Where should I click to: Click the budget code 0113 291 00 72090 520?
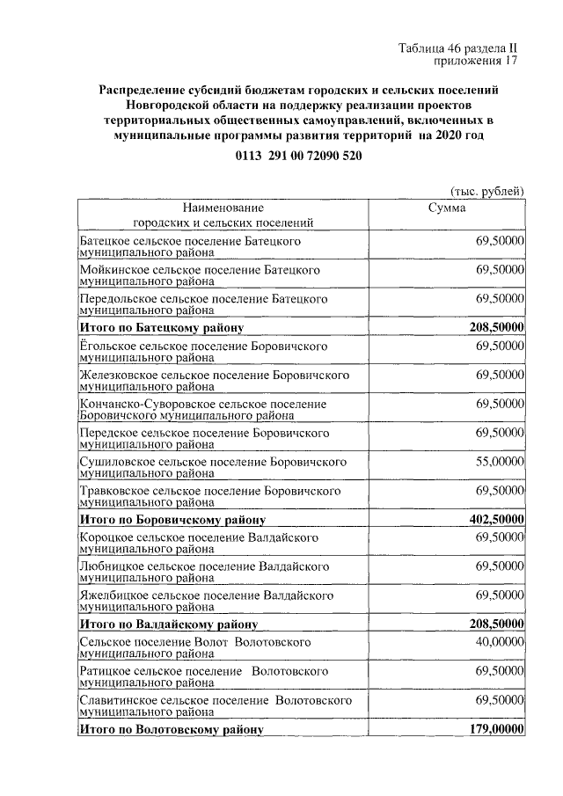click(298, 155)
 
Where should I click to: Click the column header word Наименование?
click(223, 208)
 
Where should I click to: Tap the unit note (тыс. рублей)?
click(486, 190)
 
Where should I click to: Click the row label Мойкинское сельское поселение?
click(199, 269)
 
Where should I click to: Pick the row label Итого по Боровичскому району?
click(172, 520)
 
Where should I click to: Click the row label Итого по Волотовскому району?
click(172, 730)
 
